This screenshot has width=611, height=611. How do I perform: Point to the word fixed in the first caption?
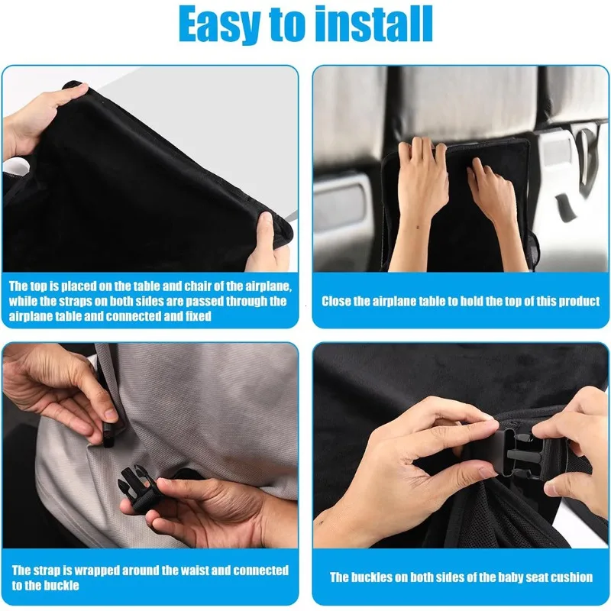pyautogui.click(x=196, y=315)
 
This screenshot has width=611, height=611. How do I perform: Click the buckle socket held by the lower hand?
pyautogui.click(x=136, y=487)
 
